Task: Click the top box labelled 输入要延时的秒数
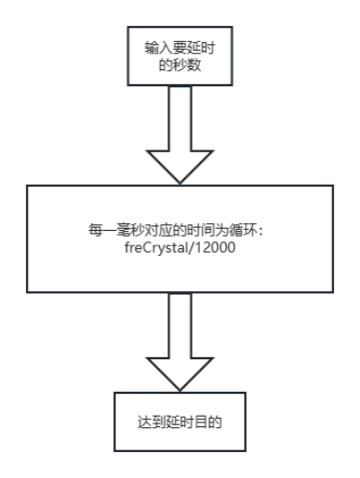(180, 57)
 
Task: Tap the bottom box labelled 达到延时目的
(180, 421)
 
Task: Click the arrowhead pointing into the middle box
(180, 165)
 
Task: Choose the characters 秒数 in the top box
(188, 65)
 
